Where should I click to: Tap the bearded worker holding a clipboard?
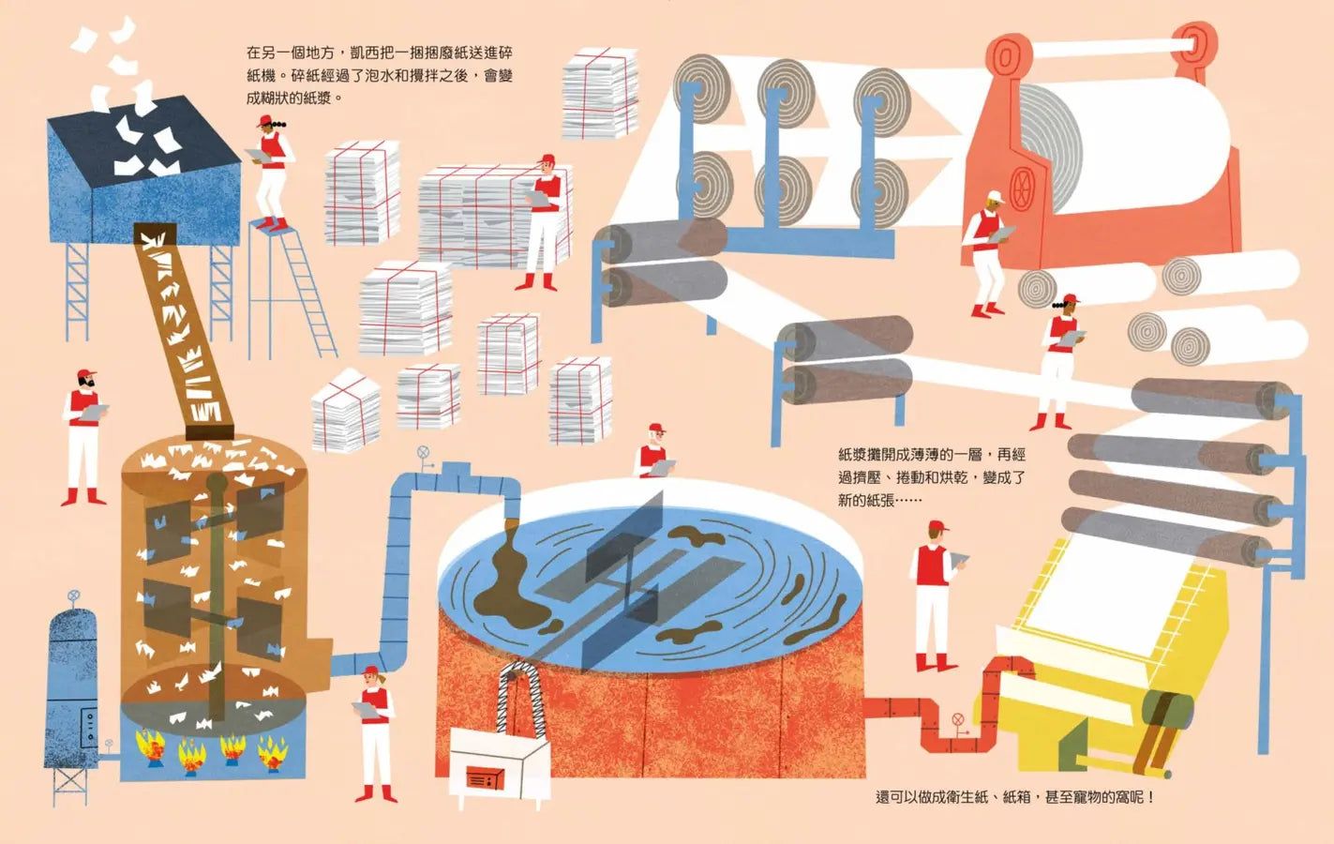[x=83, y=438]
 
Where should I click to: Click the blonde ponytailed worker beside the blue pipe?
[x=375, y=733]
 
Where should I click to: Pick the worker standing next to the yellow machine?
[x=935, y=595]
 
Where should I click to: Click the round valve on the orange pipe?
[x=958, y=719]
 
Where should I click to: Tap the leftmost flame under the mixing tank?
[x=151, y=746]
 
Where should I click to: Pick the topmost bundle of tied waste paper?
[x=600, y=92]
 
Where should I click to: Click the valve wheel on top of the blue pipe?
[x=423, y=452]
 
